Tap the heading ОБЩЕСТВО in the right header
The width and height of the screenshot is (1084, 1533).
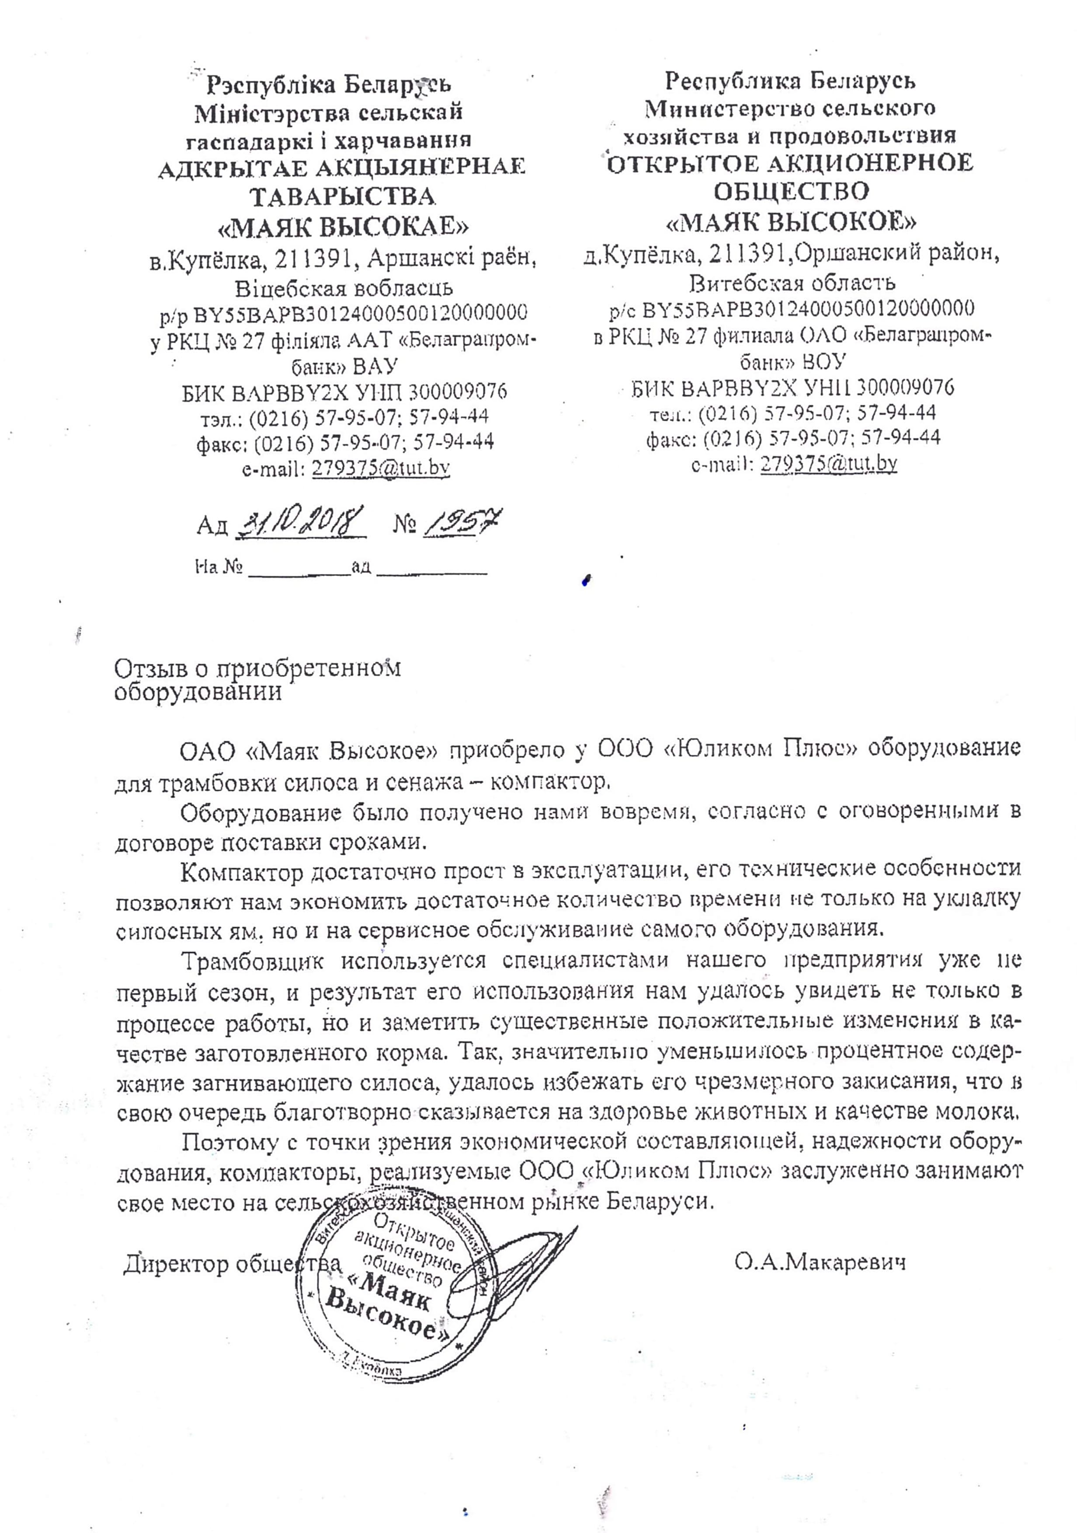pyautogui.click(x=792, y=191)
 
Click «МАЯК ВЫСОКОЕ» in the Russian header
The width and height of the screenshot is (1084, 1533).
pyautogui.click(x=792, y=222)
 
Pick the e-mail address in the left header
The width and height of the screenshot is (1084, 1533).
pyautogui.click(x=381, y=468)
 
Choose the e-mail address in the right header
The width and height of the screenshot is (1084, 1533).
pyautogui.click(x=828, y=463)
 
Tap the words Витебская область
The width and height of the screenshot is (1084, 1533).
pyautogui.click(x=792, y=283)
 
